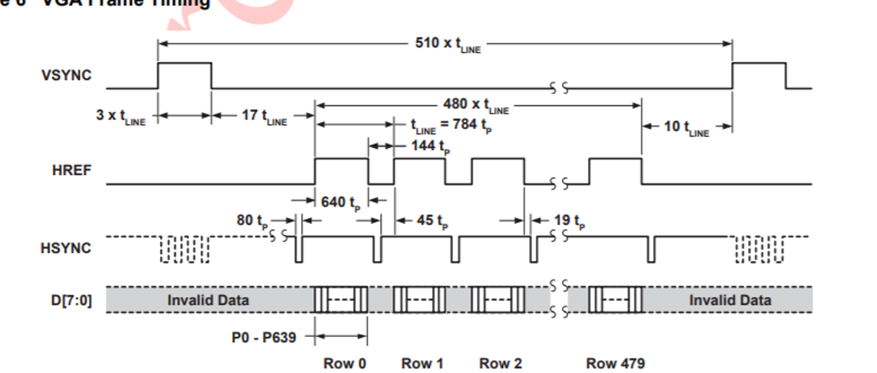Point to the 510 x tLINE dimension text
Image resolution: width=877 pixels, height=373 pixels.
click(x=448, y=45)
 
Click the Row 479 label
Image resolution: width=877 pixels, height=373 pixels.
click(x=615, y=363)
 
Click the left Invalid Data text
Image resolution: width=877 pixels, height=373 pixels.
click(x=208, y=299)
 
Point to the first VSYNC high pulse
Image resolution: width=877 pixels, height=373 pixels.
click(x=184, y=75)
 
